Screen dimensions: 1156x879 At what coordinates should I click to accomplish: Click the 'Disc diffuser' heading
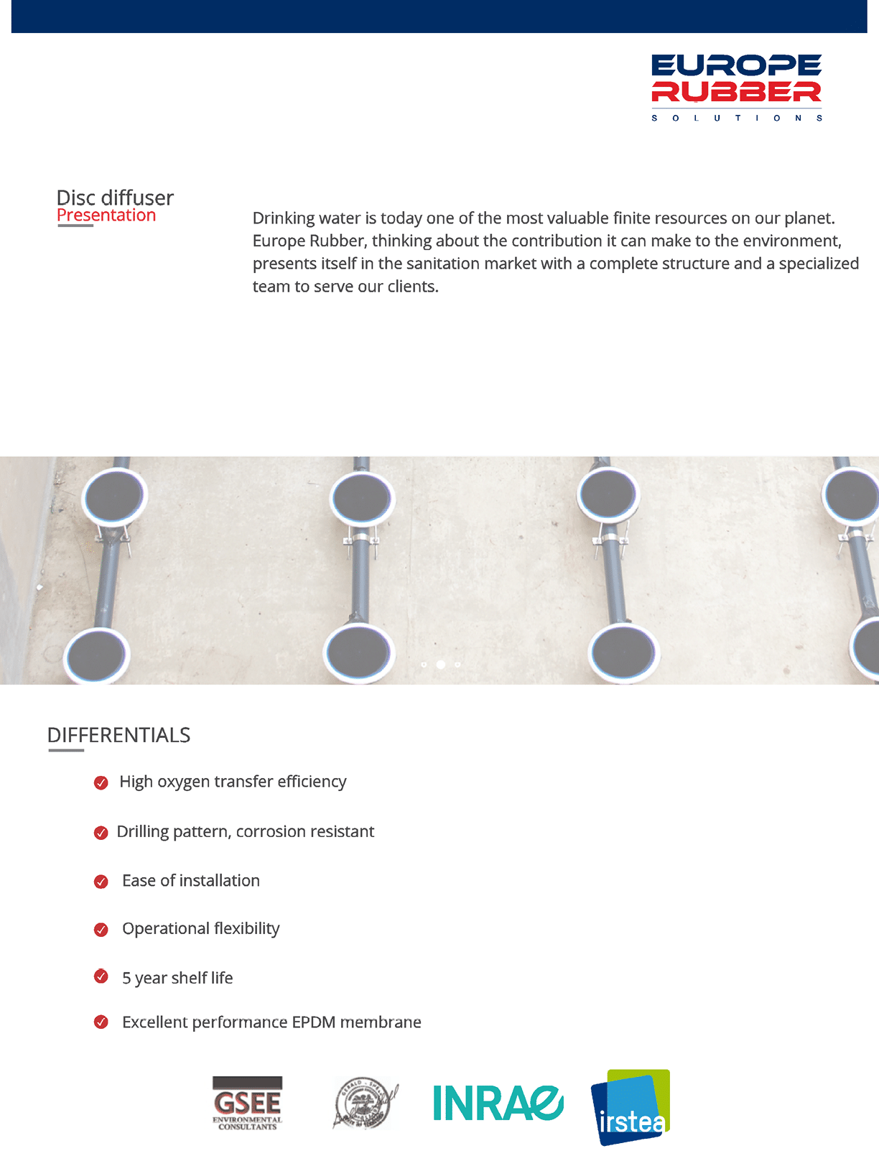click(115, 198)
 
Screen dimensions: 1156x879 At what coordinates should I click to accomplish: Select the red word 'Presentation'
click(106, 216)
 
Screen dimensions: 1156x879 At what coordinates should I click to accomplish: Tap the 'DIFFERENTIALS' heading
click(118, 735)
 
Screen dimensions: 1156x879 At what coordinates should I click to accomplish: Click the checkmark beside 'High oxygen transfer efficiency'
click(101, 782)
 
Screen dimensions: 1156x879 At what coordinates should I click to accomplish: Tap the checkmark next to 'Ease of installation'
click(101, 882)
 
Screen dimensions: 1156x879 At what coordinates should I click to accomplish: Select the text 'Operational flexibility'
click(200, 928)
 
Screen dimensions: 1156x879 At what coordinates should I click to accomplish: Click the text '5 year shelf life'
click(177, 978)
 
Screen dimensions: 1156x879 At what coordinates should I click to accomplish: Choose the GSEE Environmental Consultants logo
click(247, 1103)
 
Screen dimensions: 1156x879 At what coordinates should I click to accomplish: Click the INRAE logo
click(498, 1103)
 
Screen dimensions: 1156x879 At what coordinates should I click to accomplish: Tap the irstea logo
click(631, 1106)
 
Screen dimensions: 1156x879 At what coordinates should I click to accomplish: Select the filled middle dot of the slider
click(441, 665)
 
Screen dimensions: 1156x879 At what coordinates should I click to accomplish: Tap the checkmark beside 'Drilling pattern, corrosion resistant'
click(101, 833)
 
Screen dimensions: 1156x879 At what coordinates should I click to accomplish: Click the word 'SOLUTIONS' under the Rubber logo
click(736, 118)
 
